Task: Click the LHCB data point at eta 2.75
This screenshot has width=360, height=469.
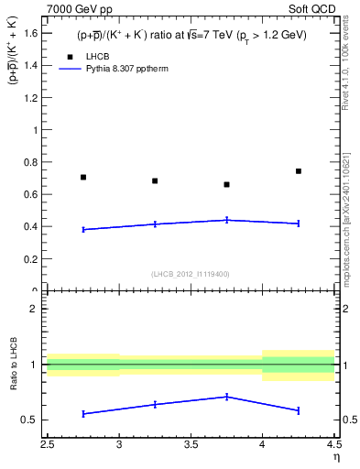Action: tap(83, 177)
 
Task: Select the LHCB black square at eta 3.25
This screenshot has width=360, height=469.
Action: tap(155, 180)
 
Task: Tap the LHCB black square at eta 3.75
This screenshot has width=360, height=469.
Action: tap(226, 184)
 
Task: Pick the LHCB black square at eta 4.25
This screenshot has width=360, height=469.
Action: tap(299, 171)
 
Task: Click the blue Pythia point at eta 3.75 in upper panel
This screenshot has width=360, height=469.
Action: tap(226, 220)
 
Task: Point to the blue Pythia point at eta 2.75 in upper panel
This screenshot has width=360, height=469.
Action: tap(83, 229)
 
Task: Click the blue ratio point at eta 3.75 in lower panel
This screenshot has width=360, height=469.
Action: tap(226, 397)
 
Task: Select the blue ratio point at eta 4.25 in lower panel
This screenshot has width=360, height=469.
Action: tap(299, 409)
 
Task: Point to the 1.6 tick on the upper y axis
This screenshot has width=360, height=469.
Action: tap(35, 34)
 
